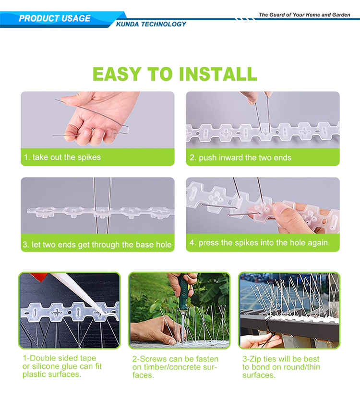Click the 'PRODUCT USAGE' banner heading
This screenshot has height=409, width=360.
(55, 18)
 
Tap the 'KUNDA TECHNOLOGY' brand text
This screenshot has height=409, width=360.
(151, 24)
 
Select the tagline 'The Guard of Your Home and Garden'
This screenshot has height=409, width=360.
(304, 15)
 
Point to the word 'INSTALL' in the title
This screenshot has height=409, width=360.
(218, 74)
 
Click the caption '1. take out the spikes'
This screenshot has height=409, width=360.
(62, 157)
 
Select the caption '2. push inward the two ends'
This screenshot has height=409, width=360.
(240, 157)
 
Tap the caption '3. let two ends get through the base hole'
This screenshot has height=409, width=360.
(97, 245)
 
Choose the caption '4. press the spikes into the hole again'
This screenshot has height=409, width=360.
(259, 243)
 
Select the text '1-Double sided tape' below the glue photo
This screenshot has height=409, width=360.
(59, 358)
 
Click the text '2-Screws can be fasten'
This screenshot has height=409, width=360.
(175, 359)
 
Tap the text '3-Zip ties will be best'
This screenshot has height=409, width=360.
(281, 359)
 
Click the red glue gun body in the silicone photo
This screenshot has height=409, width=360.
(39, 275)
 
